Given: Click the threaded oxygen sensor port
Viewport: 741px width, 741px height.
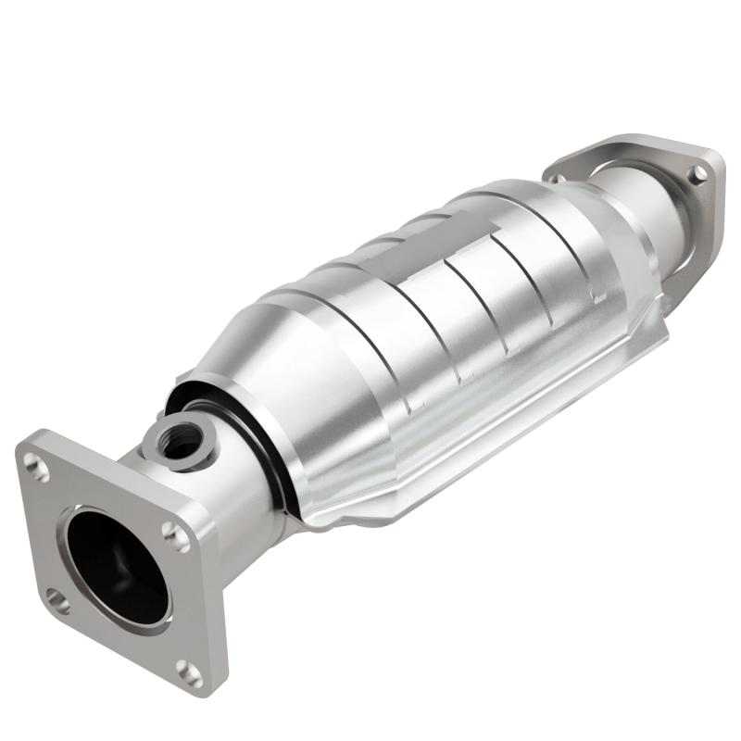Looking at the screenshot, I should pos(179,435).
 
